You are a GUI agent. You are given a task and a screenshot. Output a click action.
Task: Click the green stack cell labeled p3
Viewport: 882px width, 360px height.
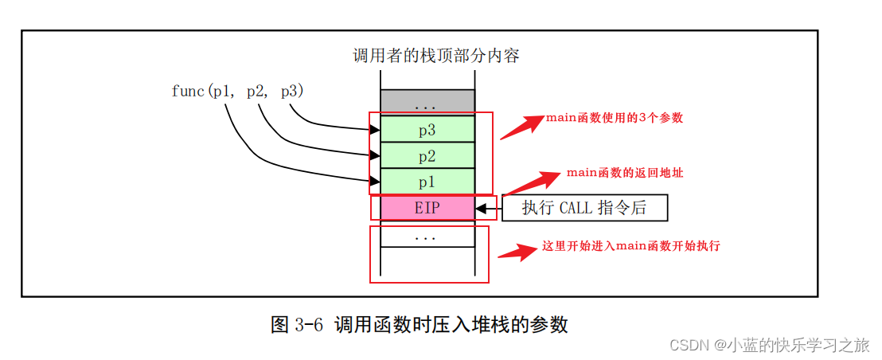click(427, 129)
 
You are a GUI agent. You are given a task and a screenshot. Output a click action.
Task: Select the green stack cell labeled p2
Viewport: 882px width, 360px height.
click(427, 155)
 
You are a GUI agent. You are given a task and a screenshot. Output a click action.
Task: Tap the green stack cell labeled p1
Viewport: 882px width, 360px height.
click(427, 182)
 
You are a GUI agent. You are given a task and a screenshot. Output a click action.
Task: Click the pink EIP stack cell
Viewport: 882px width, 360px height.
click(427, 208)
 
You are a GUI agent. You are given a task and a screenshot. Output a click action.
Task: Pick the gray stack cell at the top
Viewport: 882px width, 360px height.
click(427, 102)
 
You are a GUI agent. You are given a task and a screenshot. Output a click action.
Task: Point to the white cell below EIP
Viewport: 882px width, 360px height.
click(427, 236)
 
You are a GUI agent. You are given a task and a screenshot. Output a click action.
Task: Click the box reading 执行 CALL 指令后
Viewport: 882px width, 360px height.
click(583, 208)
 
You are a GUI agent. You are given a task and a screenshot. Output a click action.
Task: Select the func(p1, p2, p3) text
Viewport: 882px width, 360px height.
click(237, 92)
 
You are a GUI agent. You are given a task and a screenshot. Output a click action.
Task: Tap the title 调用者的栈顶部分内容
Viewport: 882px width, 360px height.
click(436, 56)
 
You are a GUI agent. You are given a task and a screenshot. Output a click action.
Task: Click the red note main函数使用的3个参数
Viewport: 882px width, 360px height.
click(614, 118)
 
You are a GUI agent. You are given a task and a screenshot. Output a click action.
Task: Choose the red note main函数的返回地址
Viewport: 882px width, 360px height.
click(624, 173)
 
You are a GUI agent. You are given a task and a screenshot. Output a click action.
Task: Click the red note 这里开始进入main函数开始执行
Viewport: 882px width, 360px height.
click(630, 246)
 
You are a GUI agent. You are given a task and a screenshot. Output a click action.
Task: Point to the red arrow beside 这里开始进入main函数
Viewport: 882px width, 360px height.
click(517, 252)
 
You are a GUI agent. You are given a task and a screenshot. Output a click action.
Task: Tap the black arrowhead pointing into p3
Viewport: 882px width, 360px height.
click(375, 130)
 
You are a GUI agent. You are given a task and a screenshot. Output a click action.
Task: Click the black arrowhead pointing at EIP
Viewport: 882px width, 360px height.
click(481, 209)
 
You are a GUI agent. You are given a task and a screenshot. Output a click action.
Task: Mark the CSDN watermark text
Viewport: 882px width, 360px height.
click(769, 345)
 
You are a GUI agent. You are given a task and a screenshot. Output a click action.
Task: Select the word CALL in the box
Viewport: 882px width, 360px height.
click(576, 209)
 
